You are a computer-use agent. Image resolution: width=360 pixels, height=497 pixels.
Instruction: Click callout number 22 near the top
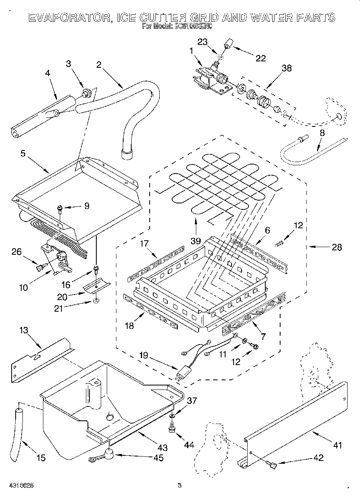pyautogui.click(x=261, y=59)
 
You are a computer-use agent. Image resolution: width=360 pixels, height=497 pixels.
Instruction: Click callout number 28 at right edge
pyautogui.click(x=336, y=247)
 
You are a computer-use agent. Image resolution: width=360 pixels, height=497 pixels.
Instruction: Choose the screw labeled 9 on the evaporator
pyautogui.click(x=60, y=208)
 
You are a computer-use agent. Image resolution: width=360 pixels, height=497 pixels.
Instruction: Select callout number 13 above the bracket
pyautogui.click(x=24, y=331)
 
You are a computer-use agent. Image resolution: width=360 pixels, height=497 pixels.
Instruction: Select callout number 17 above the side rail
pyautogui.click(x=145, y=244)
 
